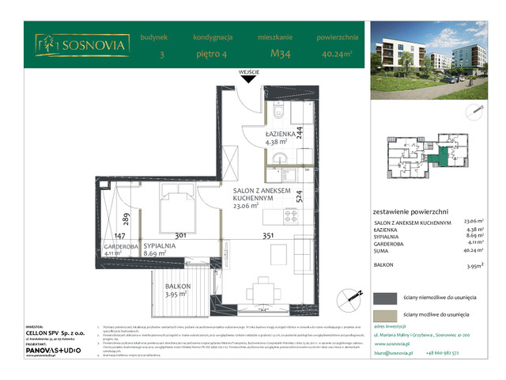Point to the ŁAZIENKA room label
(x=280, y=135)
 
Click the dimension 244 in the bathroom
(x=298, y=132)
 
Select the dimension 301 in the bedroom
(x=179, y=235)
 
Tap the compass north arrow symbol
(x=346, y=296)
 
